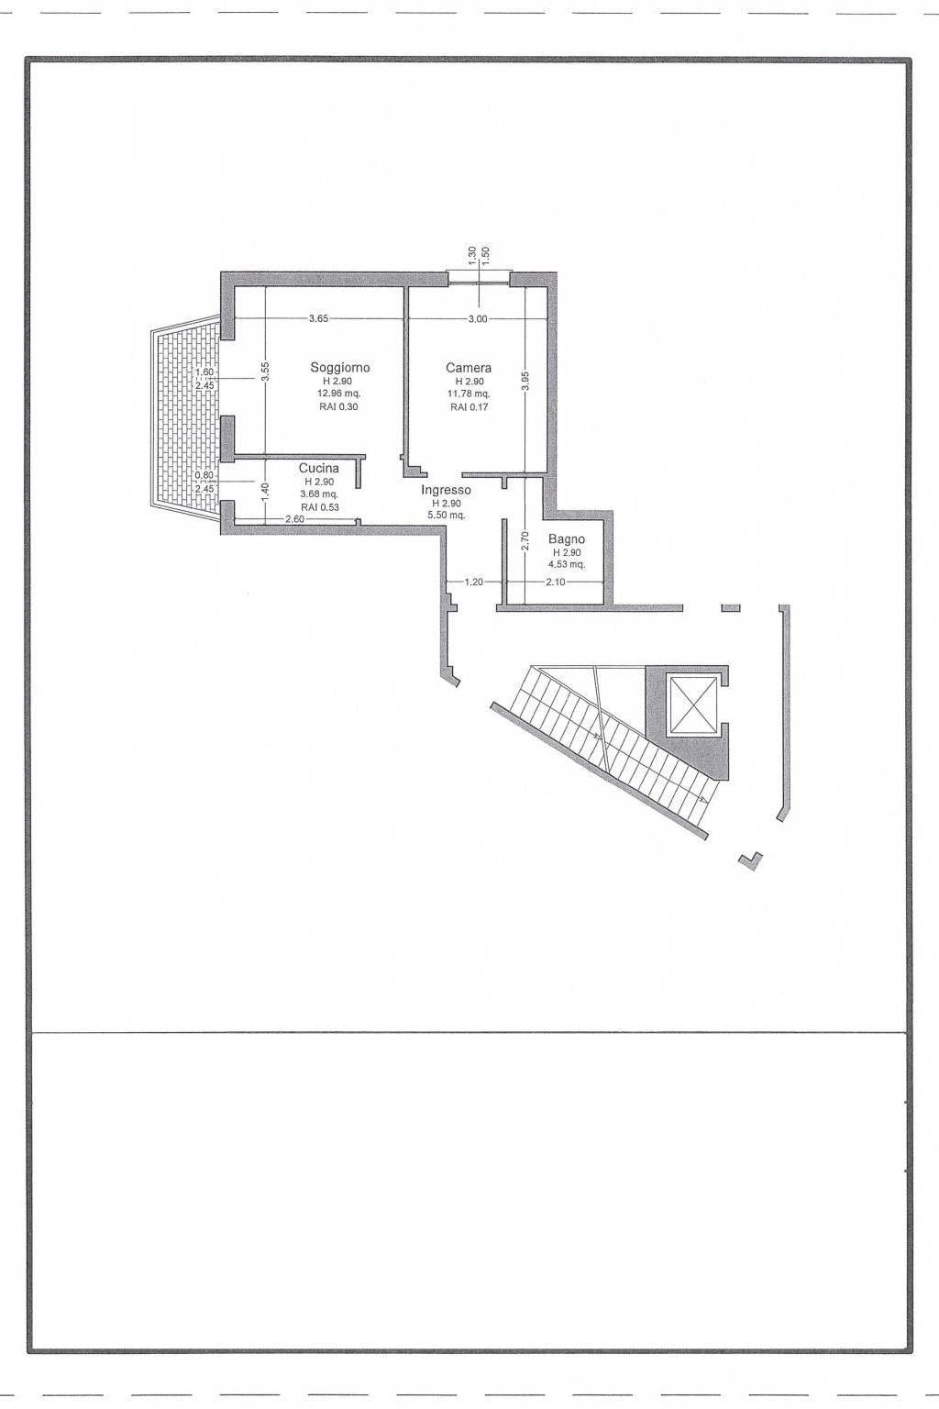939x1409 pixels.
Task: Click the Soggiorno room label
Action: [x=339, y=367]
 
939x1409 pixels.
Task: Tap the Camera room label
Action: [x=469, y=367]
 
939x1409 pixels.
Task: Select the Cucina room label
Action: [x=319, y=468]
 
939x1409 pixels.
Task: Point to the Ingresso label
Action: [x=446, y=490]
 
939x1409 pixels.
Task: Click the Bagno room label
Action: [x=567, y=539]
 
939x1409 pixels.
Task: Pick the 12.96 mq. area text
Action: [x=339, y=394]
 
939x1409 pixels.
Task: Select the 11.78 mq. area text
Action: [x=469, y=394]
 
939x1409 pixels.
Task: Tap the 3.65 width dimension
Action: [x=318, y=318]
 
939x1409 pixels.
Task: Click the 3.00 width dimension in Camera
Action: [x=478, y=318]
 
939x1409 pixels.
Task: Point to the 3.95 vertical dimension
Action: [x=525, y=382]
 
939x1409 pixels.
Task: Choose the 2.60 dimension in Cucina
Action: [x=295, y=519]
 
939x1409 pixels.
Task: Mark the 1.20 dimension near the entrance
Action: [x=473, y=582]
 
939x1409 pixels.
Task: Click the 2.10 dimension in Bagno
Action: [x=556, y=582]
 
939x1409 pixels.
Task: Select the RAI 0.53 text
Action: [x=319, y=507]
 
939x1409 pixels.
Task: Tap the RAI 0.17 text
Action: [x=469, y=407]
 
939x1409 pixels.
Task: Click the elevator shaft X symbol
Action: [x=692, y=705]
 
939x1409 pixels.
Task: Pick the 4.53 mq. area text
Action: [x=568, y=565]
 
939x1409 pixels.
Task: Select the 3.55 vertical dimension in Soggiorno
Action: [x=265, y=371]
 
